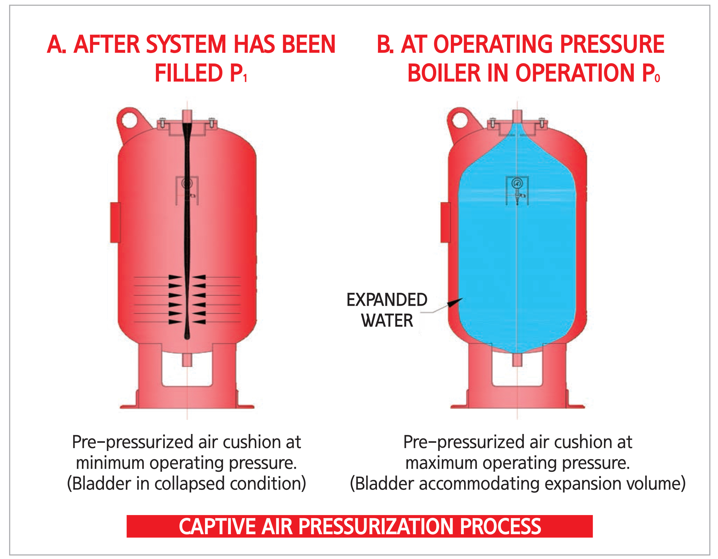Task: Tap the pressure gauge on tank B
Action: coord(517,183)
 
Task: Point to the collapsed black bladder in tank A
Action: coord(187,227)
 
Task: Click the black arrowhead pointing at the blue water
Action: coord(455,302)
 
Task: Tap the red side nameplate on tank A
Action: coord(115,222)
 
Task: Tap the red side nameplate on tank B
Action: coord(445,222)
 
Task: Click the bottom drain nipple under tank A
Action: coord(187,360)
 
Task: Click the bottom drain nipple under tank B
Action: coord(517,360)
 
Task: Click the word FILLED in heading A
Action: coord(189,73)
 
